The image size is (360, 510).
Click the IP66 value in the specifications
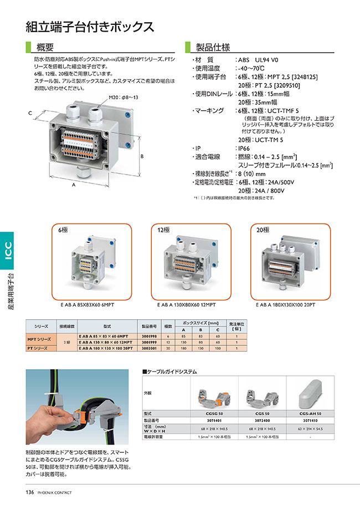244,149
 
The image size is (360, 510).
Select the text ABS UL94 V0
259,59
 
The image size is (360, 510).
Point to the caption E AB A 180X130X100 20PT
285,304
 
